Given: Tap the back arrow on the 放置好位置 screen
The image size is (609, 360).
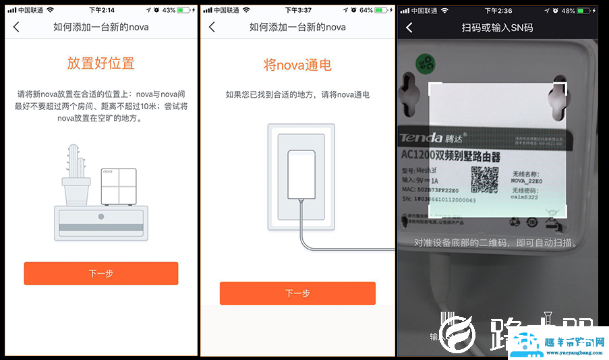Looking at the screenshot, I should (16, 27).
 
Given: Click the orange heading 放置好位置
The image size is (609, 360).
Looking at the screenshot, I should (100, 63).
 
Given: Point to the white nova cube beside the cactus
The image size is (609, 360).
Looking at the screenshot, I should (119, 187).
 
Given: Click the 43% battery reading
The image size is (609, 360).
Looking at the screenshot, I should (169, 10).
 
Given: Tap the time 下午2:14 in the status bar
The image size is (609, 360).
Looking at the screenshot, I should (102, 10).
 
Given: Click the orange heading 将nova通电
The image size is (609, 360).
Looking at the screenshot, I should (297, 65).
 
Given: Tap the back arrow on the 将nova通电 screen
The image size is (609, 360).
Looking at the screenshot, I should (212, 27).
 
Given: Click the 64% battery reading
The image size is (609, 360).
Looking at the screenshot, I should (366, 10).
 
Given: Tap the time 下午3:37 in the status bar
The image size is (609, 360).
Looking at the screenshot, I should (298, 10).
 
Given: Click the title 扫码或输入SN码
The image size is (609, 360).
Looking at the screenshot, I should (498, 28).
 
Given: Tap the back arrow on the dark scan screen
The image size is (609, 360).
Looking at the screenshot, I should (409, 28).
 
